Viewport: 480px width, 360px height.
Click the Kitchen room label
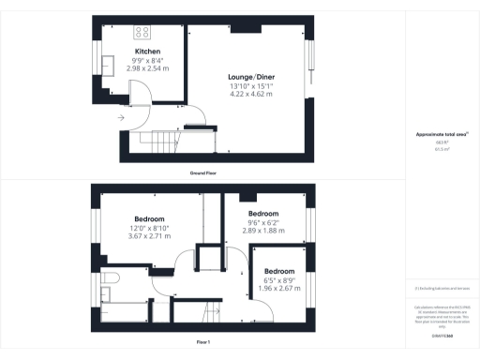click(147, 52)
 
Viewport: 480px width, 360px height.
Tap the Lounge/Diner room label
click(249, 77)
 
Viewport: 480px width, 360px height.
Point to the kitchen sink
click(109, 65)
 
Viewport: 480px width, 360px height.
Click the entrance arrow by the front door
click(121, 118)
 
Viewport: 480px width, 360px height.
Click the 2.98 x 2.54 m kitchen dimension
click(147, 68)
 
